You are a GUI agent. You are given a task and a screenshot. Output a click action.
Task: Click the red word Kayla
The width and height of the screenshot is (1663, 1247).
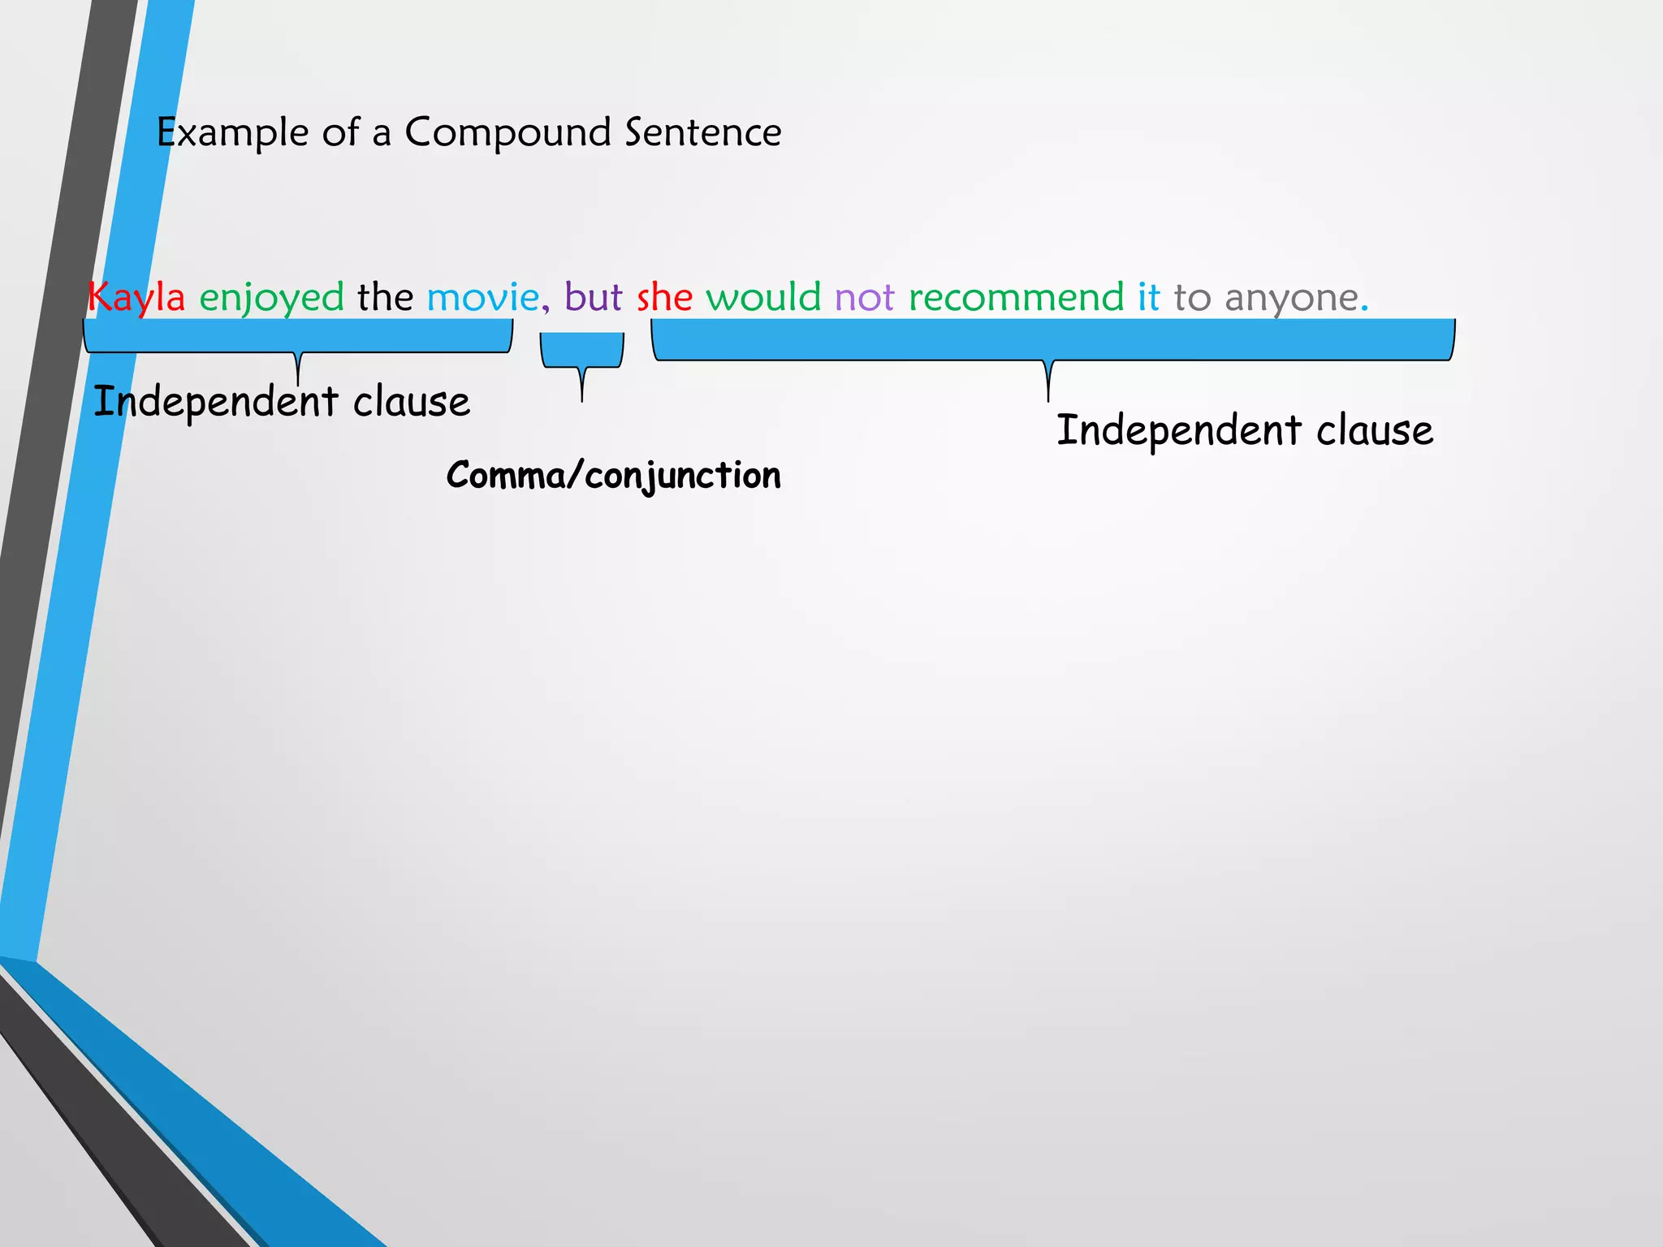coord(136,297)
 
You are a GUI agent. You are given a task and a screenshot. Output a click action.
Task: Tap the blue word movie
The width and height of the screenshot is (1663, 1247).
coord(482,297)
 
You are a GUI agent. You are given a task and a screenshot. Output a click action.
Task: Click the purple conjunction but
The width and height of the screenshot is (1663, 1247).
coord(593,296)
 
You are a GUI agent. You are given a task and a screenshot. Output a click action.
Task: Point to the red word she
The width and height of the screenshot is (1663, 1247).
coord(664,297)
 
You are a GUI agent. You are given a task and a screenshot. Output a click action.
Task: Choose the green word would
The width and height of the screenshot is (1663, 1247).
coord(763,296)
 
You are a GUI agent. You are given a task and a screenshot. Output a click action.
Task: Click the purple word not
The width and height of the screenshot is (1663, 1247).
coord(864,297)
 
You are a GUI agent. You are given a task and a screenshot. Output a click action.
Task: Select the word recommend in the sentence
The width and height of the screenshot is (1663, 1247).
coord(1016,297)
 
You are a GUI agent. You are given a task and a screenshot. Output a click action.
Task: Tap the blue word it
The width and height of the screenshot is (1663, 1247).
coord(1148,296)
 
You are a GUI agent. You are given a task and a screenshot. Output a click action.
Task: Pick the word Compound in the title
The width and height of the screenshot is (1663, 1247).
coord(508,133)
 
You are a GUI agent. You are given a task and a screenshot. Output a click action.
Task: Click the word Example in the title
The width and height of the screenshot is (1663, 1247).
coord(232,133)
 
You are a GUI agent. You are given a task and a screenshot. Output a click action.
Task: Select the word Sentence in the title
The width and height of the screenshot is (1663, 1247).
coord(703,132)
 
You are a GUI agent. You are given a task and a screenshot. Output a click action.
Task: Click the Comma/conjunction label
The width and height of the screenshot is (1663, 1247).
coord(614,476)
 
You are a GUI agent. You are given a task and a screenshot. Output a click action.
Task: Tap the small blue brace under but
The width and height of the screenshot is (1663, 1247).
coord(581,351)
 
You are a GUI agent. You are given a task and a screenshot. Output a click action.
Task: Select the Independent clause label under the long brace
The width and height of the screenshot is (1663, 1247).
coord(1244,431)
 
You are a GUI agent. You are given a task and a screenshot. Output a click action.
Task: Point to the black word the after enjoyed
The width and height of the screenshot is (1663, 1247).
coord(385,296)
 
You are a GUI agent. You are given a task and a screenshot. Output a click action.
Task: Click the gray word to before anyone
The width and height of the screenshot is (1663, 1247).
coord(1192,297)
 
